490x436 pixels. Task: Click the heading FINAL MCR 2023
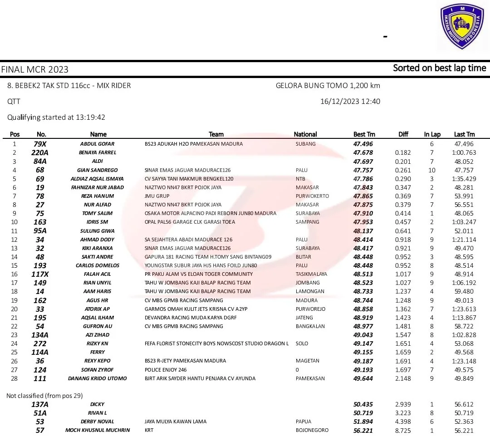(35, 69)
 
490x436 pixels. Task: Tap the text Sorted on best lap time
(439, 68)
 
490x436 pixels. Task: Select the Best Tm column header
(364, 134)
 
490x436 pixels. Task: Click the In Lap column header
(432, 134)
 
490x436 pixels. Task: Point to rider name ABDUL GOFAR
(97, 144)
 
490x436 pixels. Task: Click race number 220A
(40, 152)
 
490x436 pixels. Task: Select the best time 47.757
(363, 170)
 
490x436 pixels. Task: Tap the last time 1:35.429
(464, 179)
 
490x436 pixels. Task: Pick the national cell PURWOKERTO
(312, 196)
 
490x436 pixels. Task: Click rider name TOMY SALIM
(97, 213)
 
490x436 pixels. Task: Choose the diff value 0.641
(403, 231)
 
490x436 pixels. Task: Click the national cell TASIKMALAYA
(311, 274)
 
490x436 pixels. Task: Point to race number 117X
(40, 274)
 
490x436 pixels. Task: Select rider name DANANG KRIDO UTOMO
(97, 378)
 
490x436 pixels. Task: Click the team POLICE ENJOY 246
(166, 370)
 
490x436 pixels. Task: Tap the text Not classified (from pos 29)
(44, 396)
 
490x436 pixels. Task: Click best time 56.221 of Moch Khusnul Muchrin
(363, 430)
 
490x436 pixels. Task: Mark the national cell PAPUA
(304, 421)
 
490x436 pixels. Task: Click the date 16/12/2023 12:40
(350, 102)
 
